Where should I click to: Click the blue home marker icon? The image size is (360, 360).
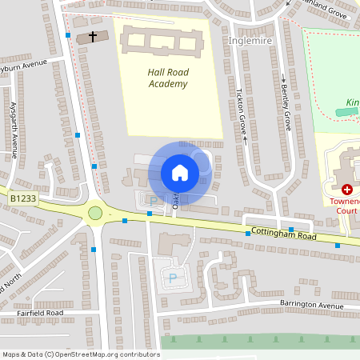coord(179,173)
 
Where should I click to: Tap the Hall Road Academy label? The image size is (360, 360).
coord(168,78)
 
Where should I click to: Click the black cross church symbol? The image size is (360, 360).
coord(93,37)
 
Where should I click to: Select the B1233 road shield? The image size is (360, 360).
coord(24,198)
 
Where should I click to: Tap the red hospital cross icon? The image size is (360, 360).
coord(347,190)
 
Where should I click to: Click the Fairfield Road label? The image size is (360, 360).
coord(38,313)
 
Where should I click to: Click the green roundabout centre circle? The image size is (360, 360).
coord(96,213)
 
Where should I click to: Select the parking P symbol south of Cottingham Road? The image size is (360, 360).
coord(173,278)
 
